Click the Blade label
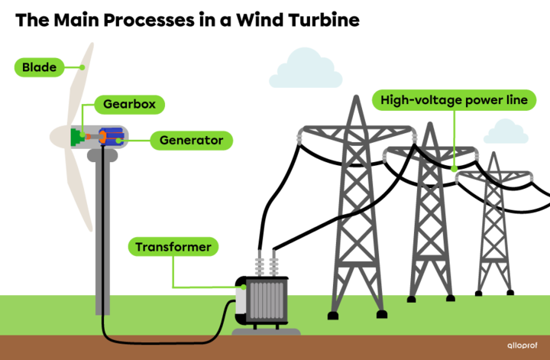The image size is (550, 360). click(38, 67)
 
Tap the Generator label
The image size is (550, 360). click(191, 141)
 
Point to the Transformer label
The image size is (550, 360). click(173, 247)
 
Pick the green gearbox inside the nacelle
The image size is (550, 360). click(76, 137)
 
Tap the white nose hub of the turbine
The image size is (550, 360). click(58, 138)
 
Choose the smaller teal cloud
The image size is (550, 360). click(505, 132)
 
